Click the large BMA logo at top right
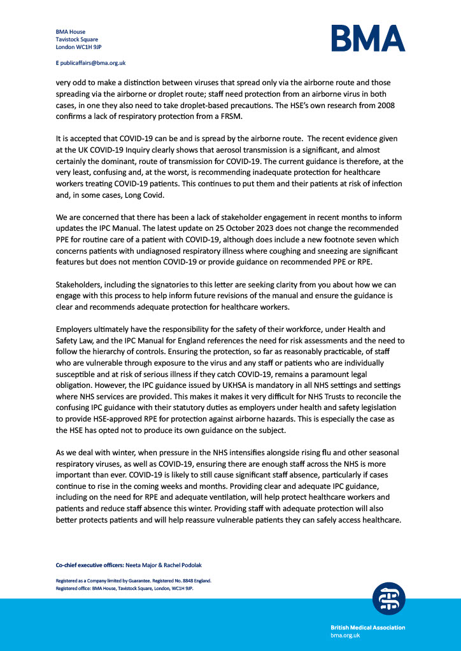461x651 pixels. pos(367,38)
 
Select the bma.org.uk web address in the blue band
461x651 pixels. pos(345,635)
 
